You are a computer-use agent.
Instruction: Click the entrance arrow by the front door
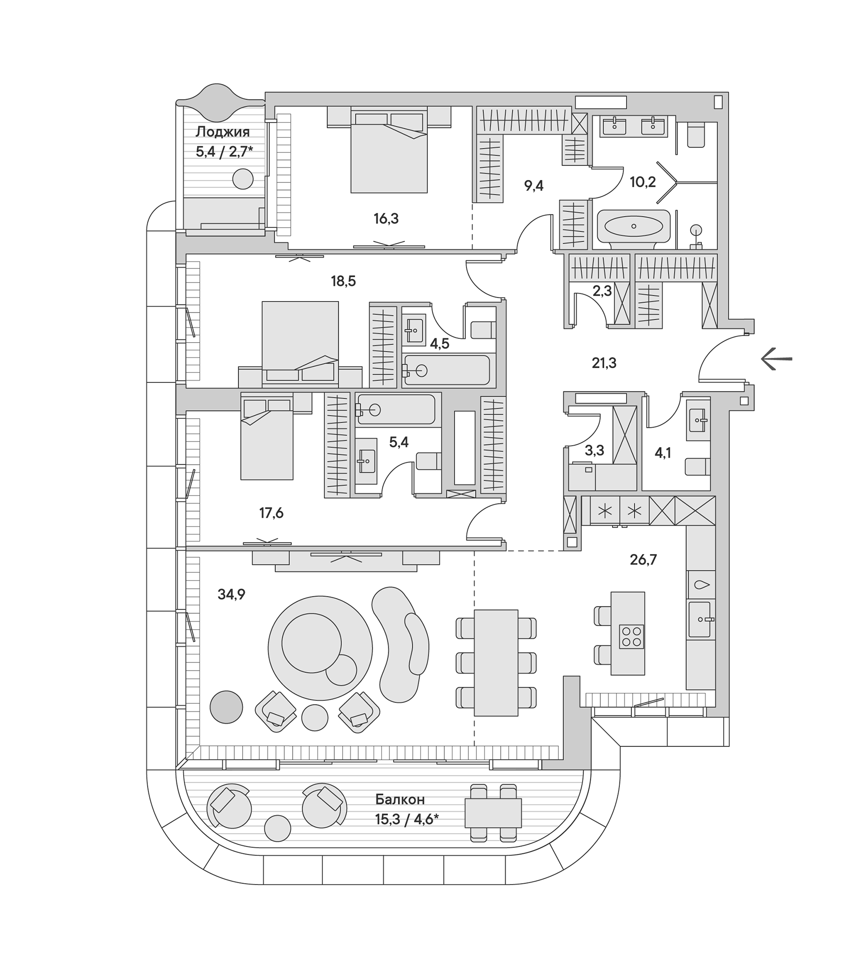pyautogui.click(x=776, y=359)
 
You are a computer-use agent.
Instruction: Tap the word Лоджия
pyautogui.click(x=222, y=132)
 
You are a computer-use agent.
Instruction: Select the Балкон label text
pyautogui.click(x=400, y=799)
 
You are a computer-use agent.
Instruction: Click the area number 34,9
pyautogui.click(x=231, y=594)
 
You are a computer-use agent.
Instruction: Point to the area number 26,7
pyautogui.click(x=643, y=559)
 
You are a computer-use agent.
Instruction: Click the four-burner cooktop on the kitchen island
pyautogui.click(x=631, y=637)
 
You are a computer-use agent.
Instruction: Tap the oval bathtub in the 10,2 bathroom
pyautogui.click(x=633, y=226)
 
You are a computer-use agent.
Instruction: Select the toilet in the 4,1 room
pyautogui.click(x=697, y=467)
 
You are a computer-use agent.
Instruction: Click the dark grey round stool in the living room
pyautogui.click(x=226, y=707)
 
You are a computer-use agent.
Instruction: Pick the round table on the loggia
pyautogui.click(x=243, y=179)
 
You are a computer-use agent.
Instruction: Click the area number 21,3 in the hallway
pyautogui.click(x=604, y=363)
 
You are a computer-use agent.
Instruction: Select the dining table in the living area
pyautogui.click(x=496, y=663)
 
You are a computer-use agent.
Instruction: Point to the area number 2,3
pyautogui.click(x=602, y=291)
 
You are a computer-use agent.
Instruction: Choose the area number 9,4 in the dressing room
pyautogui.click(x=533, y=185)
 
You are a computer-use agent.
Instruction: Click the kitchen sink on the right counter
pyautogui.click(x=699, y=619)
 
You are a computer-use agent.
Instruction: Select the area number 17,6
pyautogui.click(x=271, y=513)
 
